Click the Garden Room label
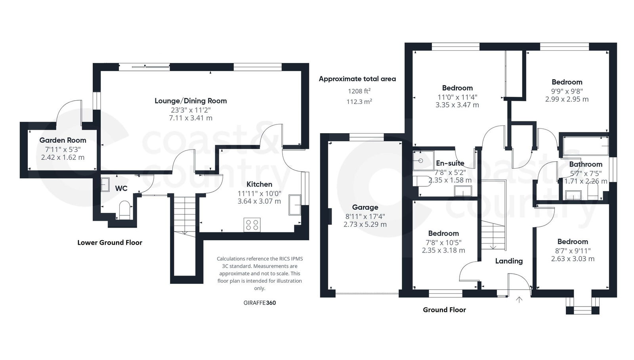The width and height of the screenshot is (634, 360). coord(63,140)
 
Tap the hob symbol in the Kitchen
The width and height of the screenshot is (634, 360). coord(252,224)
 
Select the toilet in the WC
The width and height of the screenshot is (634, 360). coord(124,210)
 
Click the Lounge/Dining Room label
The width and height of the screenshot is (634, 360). coord(191,101)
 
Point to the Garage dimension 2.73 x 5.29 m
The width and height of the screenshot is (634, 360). coord(365,224)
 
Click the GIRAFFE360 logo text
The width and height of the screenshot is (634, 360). coord(260,303)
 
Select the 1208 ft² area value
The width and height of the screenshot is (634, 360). coord(359,91)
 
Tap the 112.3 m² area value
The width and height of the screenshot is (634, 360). coord(359,101)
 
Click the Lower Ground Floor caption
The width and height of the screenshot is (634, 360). coord(110,243)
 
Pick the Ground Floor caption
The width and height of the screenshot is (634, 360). coord(444,310)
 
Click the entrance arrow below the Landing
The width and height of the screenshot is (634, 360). coord(519,300)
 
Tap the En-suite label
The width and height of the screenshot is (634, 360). coord(450,163)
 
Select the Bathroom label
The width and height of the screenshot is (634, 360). coord(585,164)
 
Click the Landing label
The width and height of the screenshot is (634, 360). coord(509,261)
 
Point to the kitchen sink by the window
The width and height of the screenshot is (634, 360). coord(295,205)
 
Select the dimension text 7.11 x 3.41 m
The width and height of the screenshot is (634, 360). coord(191,118)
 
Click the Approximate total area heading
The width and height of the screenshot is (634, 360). coord(357,79)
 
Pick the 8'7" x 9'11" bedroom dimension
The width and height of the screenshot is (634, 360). coord(573,251)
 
